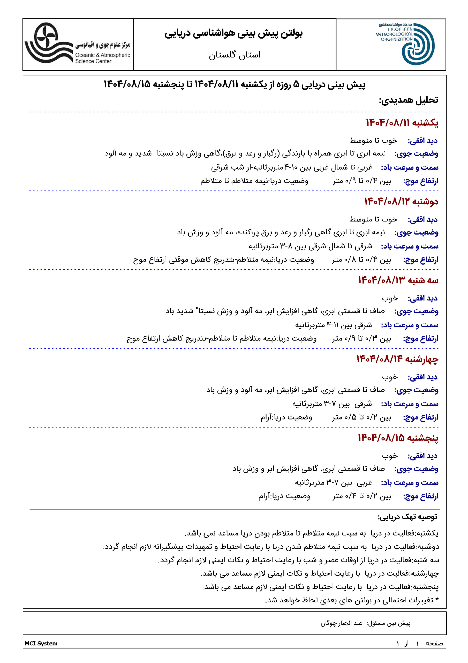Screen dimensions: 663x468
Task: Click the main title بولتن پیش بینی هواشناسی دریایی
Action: tap(234, 33)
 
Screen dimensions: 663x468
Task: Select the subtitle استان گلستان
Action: tap(235, 55)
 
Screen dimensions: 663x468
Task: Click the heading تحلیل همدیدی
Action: tap(408, 100)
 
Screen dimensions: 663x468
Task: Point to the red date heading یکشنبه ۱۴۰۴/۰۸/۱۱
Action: tap(402, 123)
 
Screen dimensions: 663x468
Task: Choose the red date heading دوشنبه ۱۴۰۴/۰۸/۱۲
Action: tap(401, 201)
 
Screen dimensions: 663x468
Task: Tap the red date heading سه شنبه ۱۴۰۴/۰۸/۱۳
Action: tap(398, 280)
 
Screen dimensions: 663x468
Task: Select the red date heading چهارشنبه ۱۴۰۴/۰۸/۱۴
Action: tap(397, 359)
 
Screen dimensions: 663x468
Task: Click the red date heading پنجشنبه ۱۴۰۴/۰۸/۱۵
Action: tap(398, 438)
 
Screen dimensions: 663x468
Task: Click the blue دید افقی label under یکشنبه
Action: tap(422, 141)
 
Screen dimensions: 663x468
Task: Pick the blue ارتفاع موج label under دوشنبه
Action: tap(420, 260)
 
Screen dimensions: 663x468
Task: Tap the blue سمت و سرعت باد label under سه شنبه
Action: tap(410, 325)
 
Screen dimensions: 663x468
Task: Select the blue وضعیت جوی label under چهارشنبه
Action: tap(416, 390)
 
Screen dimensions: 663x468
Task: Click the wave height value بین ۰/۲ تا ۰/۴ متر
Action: tap(362, 496)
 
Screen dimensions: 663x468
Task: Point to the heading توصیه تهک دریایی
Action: tap(407, 517)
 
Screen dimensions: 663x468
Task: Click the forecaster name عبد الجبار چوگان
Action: tap(341, 623)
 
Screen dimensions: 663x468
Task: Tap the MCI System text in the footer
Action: tap(41, 643)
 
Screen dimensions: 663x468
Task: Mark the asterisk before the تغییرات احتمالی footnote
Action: tap(437, 600)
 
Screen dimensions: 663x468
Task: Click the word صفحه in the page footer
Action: tap(434, 643)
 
